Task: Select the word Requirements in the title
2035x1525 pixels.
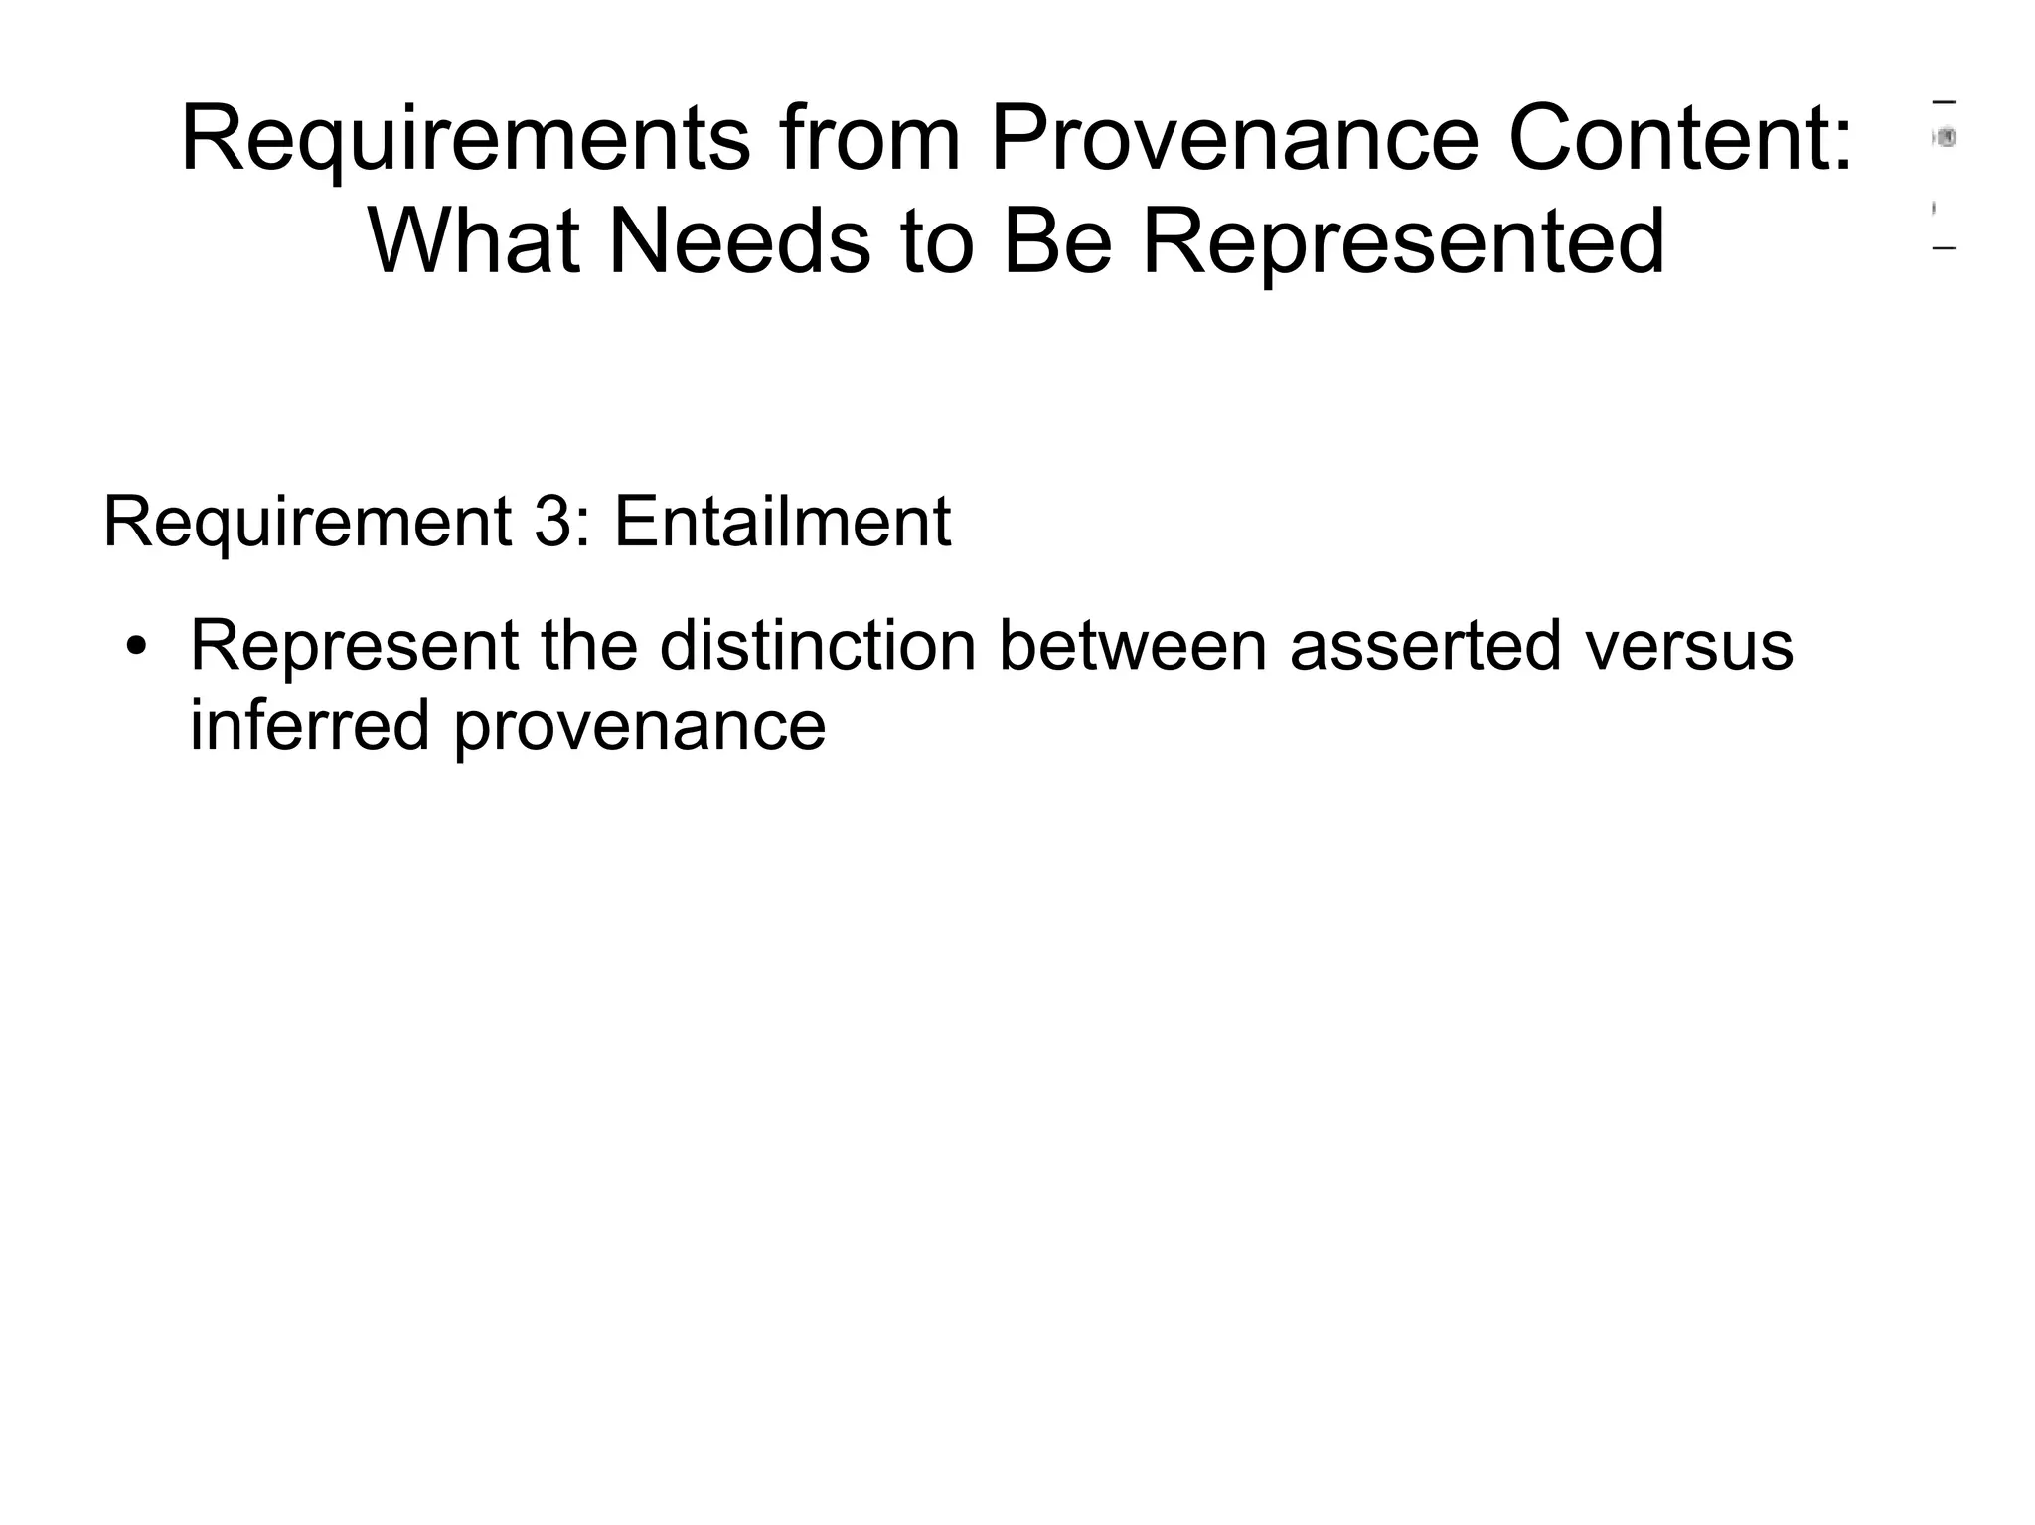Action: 465,141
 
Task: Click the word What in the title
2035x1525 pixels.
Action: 474,242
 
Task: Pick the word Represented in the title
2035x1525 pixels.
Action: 1403,242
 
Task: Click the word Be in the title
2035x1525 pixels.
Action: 1057,242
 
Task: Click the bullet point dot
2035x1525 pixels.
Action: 136,648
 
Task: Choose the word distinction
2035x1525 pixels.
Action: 818,646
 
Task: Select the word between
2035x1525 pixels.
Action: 1132,646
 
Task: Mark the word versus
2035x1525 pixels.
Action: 1689,648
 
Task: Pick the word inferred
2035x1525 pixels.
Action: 310,725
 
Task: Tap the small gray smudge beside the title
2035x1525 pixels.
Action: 1945,138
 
